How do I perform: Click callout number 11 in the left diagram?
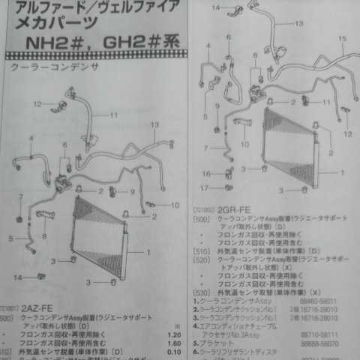click(114, 115)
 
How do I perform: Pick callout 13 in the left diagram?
click(154, 124)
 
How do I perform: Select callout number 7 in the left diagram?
click(21, 196)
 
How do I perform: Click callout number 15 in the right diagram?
click(342, 38)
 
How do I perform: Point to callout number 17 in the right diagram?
click(205, 187)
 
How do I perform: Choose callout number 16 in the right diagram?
click(205, 174)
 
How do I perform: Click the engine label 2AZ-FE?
click(35, 307)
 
